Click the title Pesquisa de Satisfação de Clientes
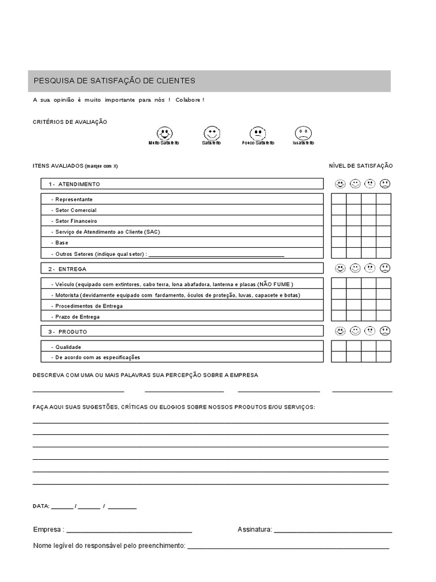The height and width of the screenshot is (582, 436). [114, 81]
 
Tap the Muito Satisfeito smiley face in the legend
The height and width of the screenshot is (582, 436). [164, 134]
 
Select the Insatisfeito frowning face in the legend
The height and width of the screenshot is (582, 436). [303, 134]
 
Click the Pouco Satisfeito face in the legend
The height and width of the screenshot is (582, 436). [258, 134]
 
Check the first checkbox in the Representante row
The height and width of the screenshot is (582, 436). [339, 199]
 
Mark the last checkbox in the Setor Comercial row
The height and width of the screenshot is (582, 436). [384, 210]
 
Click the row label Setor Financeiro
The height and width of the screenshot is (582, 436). [76, 221]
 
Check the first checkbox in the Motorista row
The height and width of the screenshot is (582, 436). [339, 294]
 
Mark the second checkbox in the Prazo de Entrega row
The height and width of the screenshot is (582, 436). [354, 316]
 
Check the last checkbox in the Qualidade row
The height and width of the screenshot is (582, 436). [384, 346]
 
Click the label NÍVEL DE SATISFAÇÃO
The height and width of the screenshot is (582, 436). [360, 165]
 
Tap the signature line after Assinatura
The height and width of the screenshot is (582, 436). [333, 530]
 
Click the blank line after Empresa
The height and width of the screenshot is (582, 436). [129, 530]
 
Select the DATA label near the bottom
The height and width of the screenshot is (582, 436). [41, 506]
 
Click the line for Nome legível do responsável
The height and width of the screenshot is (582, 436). [288, 546]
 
